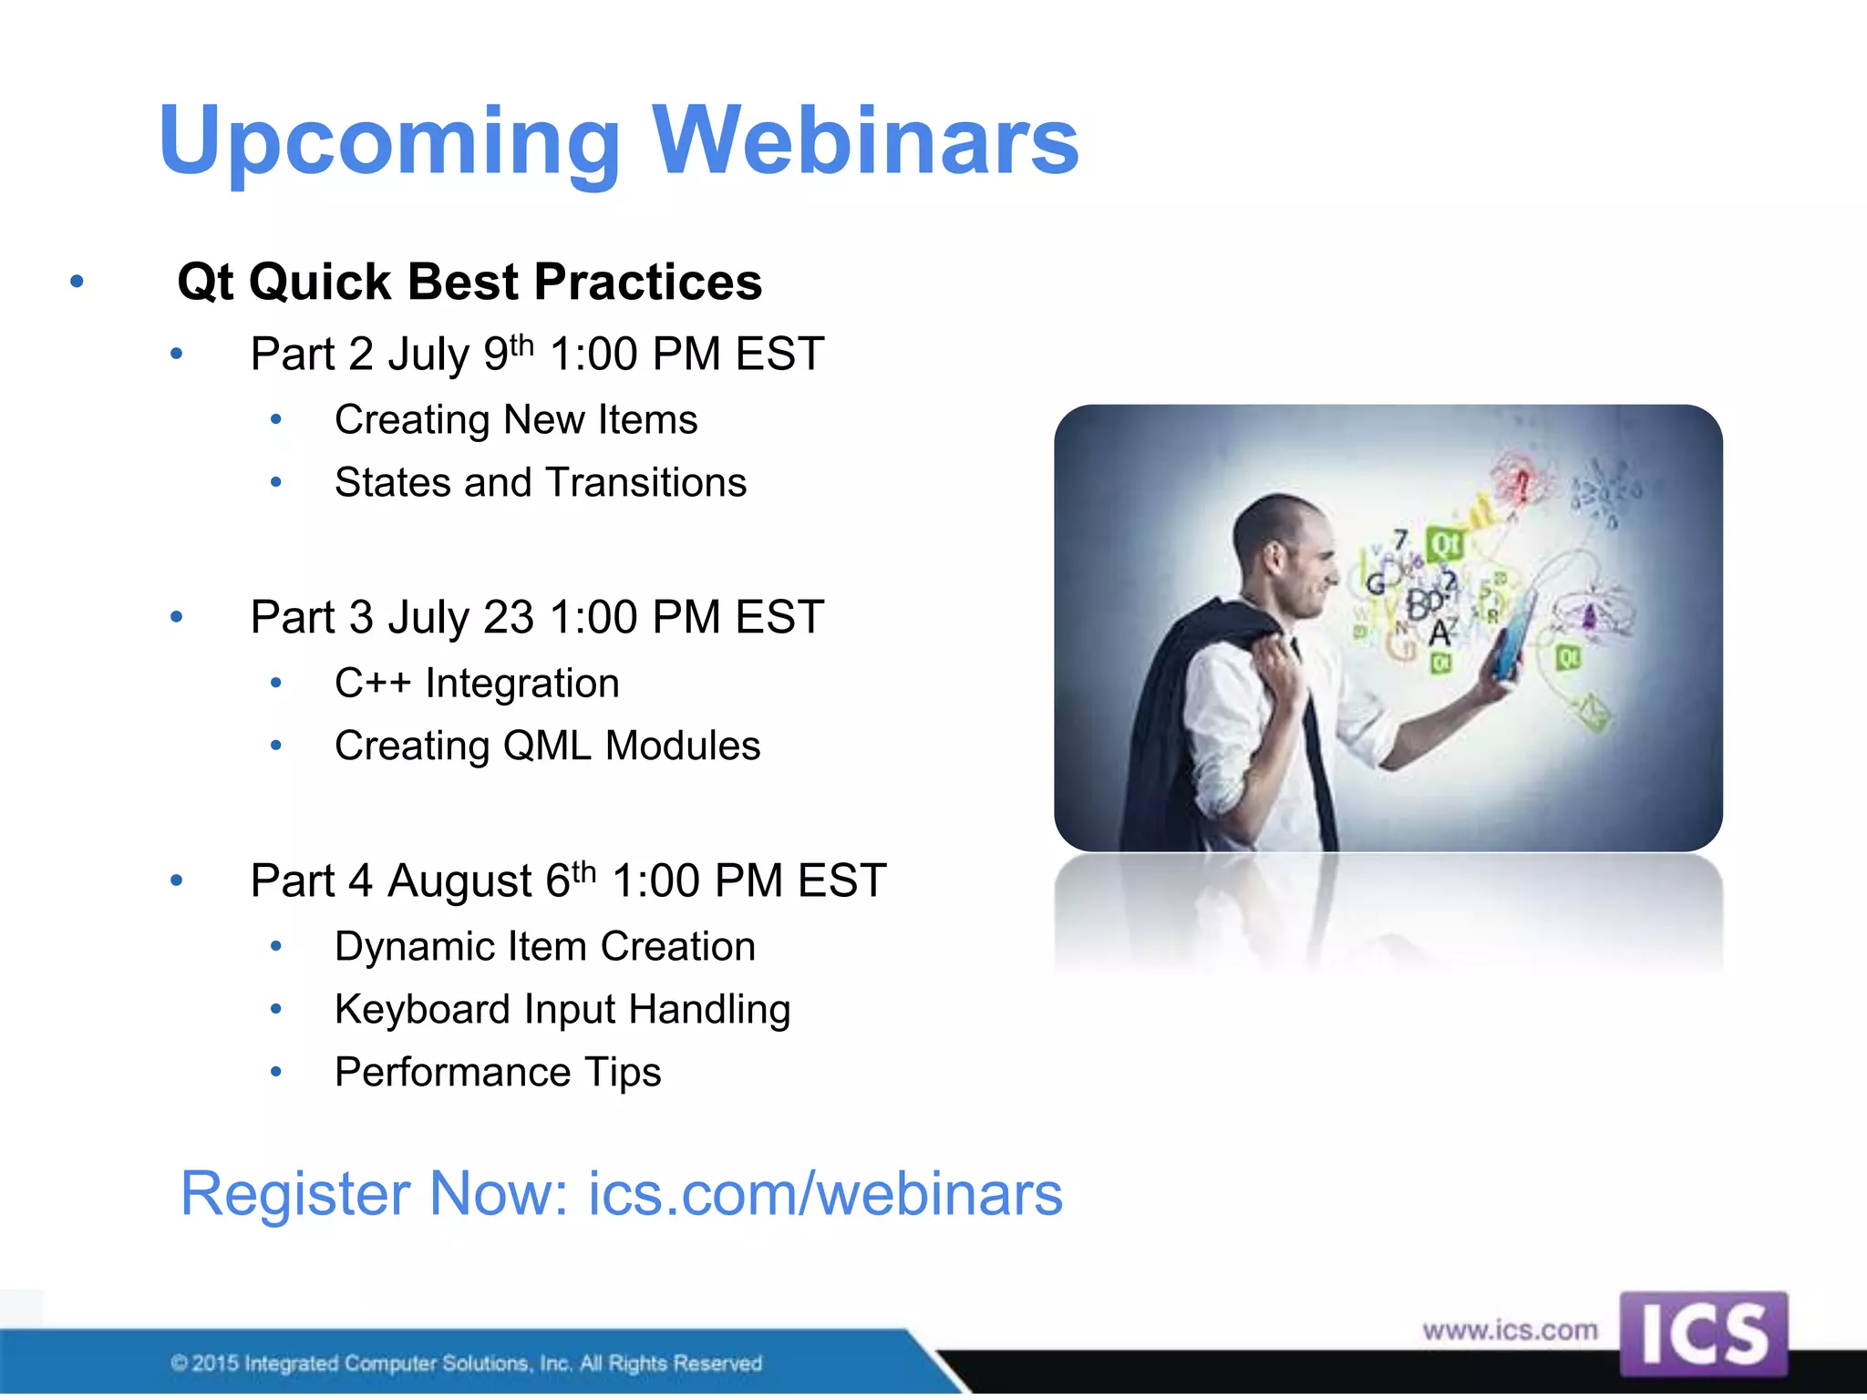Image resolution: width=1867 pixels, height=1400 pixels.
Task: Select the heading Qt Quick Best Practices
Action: pyautogui.click(x=469, y=282)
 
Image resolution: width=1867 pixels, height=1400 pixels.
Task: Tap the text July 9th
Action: pyautogui.click(x=460, y=355)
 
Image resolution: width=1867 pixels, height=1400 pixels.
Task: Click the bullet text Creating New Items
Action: pyautogui.click(x=516, y=420)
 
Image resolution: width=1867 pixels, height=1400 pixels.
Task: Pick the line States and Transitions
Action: pyautogui.click(x=541, y=483)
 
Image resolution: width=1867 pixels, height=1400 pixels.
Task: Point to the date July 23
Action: pyautogui.click(x=460, y=617)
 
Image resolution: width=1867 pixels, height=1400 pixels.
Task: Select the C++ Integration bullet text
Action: pyautogui.click(x=477, y=684)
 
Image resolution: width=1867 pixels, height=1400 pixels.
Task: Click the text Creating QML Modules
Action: pyautogui.click(x=547, y=746)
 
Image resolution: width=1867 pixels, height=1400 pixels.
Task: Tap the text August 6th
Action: pyautogui.click(x=492, y=880)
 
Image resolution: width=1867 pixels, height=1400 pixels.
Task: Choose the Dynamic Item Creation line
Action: pyautogui.click(x=545, y=947)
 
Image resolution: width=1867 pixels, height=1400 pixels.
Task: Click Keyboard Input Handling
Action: pyautogui.click(x=562, y=1010)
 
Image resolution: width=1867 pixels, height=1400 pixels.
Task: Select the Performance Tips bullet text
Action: pyautogui.click(x=498, y=1073)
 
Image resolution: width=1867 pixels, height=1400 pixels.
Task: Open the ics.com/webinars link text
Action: pyautogui.click(x=825, y=1194)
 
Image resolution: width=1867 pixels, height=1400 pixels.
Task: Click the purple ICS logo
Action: pyautogui.click(x=1703, y=1333)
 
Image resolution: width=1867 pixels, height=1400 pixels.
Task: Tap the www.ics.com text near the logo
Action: pyautogui.click(x=1511, y=1331)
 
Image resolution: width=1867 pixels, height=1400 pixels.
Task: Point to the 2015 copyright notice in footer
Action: pyautogui.click(x=466, y=1364)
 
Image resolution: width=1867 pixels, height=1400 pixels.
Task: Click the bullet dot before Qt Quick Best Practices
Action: pyautogui.click(x=77, y=282)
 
